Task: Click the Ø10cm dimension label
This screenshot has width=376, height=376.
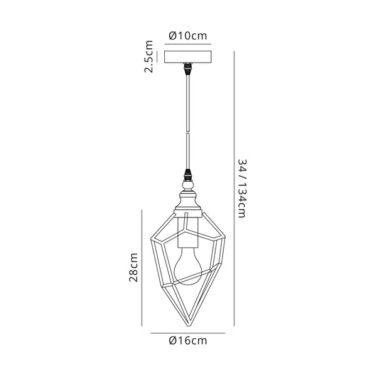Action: (x=188, y=36)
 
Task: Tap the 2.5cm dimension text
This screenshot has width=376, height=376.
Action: (x=149, y=56)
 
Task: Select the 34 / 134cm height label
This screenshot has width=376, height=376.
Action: (x=242, y=188)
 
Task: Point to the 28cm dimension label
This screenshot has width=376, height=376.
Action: (x=133, y=267)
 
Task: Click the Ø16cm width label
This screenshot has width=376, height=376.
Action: (x=188, y=340)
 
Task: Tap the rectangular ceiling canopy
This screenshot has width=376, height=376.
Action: (x=188, y=57)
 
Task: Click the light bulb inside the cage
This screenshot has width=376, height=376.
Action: (x=188, y=266)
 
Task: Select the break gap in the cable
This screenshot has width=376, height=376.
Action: (x=188, y=132)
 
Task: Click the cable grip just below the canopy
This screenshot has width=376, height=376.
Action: (x=188, y=69)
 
